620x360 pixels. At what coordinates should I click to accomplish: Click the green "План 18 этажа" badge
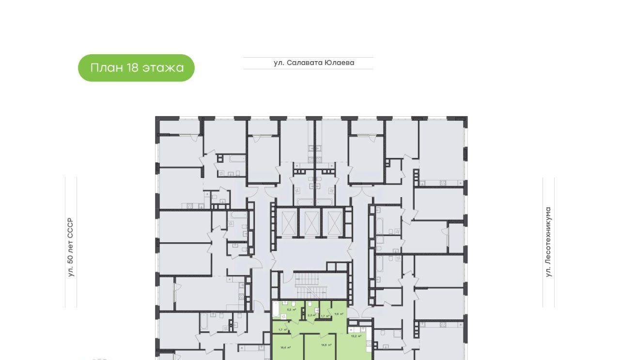pyautogui.click(x=136, y=68)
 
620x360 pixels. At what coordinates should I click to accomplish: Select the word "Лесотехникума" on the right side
pyautogui.click(x=548, y=235)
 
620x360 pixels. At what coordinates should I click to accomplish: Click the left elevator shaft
pyautogui.click(x=288, y=222)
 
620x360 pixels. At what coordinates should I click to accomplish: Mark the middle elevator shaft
pyautogui.click(x=310, y=222)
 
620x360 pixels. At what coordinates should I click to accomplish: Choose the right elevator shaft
pyautogui.click(x=334, y=222)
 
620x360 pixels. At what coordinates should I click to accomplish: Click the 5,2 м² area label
pyautogui.click(x=292, y=309)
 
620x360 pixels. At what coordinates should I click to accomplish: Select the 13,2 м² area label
pyautogui.click(x=356, y=335)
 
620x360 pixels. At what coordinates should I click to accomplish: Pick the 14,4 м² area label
pyautogui.click(x=285, y=347)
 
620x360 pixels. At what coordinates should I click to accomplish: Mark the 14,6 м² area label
pyautogui.click(x=326, y=345)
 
